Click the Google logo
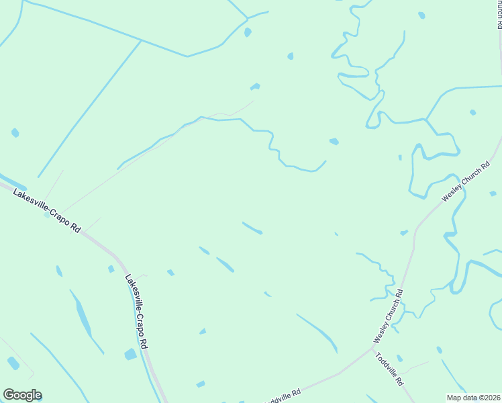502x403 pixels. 22,395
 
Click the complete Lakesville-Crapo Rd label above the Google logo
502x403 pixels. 136,310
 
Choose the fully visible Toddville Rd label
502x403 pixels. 389,369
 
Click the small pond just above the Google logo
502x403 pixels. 13,363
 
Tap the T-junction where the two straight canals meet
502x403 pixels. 140,41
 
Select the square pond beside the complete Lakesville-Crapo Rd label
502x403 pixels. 130,354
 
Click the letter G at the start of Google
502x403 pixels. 9,395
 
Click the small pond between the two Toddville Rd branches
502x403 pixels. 399,358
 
